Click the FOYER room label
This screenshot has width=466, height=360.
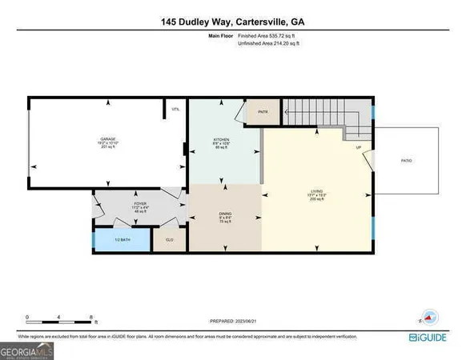click(118, 206)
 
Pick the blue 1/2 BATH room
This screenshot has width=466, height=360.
click(122, 240)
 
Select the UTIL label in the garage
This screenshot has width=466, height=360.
click(175, 110)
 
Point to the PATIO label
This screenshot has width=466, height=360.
click(406, 161)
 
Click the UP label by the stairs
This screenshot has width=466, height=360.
click(359, 147)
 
